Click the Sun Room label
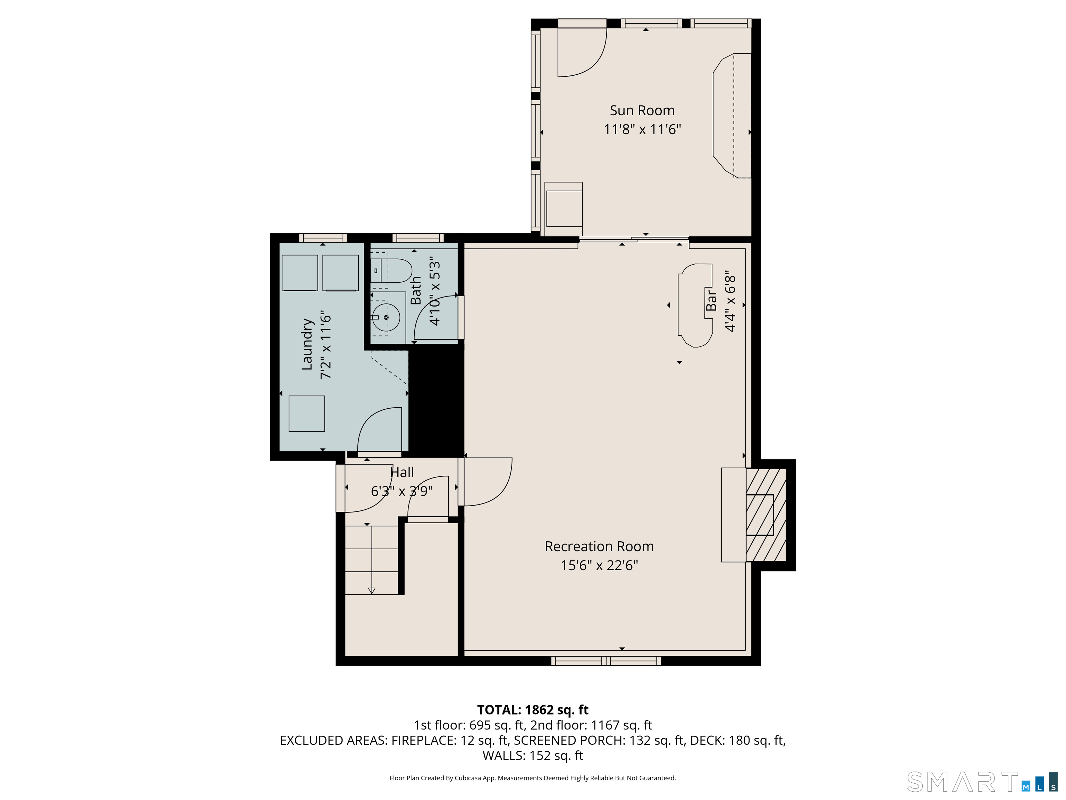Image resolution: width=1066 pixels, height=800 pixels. (642, 110)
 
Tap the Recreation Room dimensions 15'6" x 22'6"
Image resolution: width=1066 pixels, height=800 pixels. (599, 565)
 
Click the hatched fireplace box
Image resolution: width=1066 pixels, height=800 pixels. (766, 515)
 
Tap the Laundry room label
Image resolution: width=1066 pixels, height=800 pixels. (307, 344)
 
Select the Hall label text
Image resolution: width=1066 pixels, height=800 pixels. (402, 472)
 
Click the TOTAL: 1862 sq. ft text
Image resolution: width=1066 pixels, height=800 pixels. (533, 710)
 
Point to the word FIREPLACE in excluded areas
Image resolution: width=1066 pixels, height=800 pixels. (423, 740)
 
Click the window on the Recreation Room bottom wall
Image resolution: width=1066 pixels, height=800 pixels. (606, 661)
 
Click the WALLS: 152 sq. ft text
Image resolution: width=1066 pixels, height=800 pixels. (533, 756)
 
